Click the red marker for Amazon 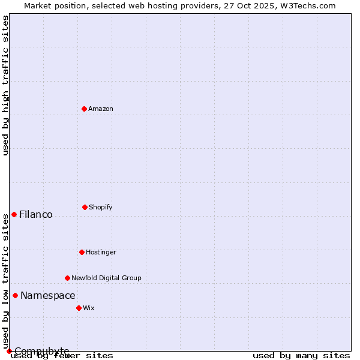[x=84, y=109]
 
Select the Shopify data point [x=85, y=207]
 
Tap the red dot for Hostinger [x=82, y=252]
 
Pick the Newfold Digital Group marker [x=67, y=278]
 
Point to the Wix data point [x=79, y=308]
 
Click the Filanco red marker [x=14, y=214]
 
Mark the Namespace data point [x=15, y=295]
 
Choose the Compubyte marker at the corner [x=9, y=351]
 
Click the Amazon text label [x=101, y=109]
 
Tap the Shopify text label [x=101, y=207]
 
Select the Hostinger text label [x=101, y=252]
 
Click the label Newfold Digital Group [x=106, y=278]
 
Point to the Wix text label [x=89, y=308]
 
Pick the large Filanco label [x=36, y=214]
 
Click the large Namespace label [x=48, y=295]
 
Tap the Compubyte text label [x=42, y=351]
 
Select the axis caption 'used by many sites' [x=301, y=356]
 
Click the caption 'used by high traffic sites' [x=5, y=85]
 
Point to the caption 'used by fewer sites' [x=62, y=356]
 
